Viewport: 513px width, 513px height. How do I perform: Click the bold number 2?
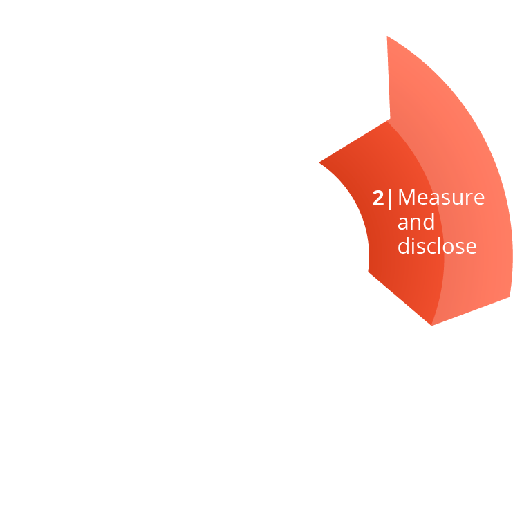378,198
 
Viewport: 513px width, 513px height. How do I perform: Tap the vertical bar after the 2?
390,199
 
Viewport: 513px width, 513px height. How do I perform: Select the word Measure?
441,198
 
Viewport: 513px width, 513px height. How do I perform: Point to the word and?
416,222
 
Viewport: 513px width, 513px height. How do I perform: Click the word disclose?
437,245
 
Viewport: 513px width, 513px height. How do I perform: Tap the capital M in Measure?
406,198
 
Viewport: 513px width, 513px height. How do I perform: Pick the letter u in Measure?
458,200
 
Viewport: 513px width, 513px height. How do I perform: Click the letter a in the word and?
403,225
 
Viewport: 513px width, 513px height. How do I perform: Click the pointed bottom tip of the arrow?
432,326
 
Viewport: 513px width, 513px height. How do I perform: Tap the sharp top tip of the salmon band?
387,36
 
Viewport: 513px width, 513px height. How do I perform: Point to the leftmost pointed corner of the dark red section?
319,162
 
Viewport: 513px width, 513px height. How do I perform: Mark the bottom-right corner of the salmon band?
510,297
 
